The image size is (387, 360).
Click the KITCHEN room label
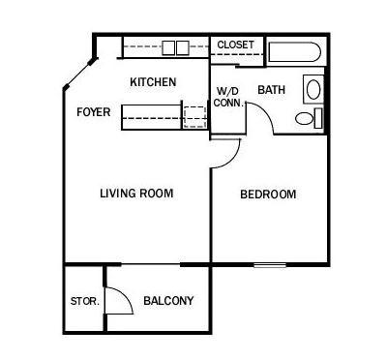point(153,82)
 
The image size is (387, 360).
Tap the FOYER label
point(94,112)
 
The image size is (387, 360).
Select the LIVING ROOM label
point(136,194)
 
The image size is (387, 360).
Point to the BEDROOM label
point(268,195)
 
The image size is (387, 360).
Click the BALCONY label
point(168,301)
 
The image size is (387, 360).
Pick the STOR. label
point(85,301)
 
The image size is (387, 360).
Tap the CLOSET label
point(235,45)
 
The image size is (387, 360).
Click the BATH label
point(271,89)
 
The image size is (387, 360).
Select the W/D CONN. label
point(228,97)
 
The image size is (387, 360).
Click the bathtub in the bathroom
point(294,51)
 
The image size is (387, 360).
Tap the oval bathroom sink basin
point(313,90)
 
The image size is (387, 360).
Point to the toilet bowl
point(304,119)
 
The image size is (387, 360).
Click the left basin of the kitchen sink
point(168,47)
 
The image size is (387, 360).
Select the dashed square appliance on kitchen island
point(194,117)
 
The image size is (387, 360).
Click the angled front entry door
point(79,73)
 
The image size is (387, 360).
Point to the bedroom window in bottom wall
point(270,265)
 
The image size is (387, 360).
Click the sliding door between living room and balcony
point(150,264)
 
